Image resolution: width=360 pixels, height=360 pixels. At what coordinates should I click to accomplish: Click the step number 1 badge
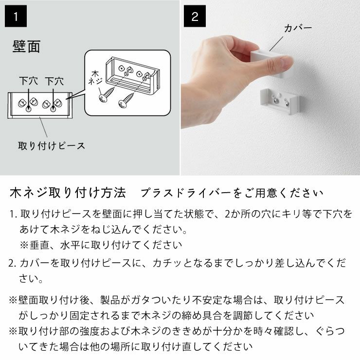(x=16, y=17)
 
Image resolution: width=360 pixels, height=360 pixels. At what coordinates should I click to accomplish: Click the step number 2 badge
(x=195, y=17)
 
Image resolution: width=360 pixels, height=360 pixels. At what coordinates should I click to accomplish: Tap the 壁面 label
(x=26, y=47)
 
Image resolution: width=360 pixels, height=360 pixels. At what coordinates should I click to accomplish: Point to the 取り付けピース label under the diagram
(x=51, y=145)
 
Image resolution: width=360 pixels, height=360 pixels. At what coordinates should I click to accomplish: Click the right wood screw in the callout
(x=126, y=99)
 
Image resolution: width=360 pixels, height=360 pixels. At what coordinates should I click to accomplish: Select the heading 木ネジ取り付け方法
(x=68, y=193)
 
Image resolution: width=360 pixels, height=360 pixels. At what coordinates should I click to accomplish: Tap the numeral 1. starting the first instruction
(x=13, y=214)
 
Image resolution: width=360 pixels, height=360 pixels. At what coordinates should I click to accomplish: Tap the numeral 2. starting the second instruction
(x=13, y=263)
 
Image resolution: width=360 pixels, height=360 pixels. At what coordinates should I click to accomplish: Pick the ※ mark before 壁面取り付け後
(x=13, y=300)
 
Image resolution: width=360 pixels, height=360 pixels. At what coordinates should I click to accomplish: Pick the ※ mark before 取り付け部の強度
(x=13, y=331)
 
